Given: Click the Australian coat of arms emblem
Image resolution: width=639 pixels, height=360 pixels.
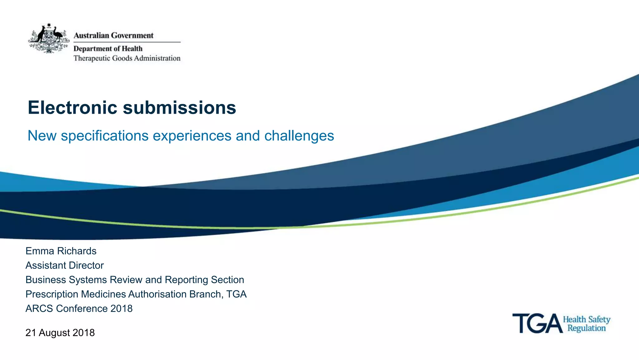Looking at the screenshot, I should pyautogui.click(x=49, y=38).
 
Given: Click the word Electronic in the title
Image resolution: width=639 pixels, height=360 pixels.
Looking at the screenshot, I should pyautogui.click(x=72, y=108).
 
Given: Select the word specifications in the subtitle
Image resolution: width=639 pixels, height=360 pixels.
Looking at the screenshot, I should pyautogui.click(x=105, y=136).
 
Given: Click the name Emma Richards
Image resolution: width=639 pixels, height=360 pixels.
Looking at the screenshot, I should pyautogui.click(x=61, y=251).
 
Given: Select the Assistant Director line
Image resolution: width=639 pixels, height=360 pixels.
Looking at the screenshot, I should pyautogui.click(x=65, y=265).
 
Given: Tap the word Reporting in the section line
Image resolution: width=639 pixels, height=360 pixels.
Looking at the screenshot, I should pyautogui.click(x=186, y=280).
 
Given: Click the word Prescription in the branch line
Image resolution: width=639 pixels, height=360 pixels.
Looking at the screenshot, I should pyautogui.click(x=52, y=294).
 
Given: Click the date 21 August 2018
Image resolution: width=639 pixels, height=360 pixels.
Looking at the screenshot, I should pyautogui.click(x=60, y=333).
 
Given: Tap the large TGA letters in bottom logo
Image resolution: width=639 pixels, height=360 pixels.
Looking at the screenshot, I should pyautogui.click(x=537, y=323).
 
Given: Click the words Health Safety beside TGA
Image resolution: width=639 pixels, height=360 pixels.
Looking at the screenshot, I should pyautogui.click(x=587, y=319).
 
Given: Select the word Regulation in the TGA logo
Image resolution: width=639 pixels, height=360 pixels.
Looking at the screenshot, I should pyautogui.click(x=587, y=328).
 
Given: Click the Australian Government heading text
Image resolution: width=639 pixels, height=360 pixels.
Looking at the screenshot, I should pyautogui.click(x=114, y=36).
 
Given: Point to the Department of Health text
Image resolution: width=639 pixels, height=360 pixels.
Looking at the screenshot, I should pyautogui.click(x=108, y=49).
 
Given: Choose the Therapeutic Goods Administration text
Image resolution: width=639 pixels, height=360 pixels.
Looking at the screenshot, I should pyautogui.click(x=127, y=58).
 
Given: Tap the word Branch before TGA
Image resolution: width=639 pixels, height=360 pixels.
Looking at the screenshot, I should pyautogui.click(x=205, y=294).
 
